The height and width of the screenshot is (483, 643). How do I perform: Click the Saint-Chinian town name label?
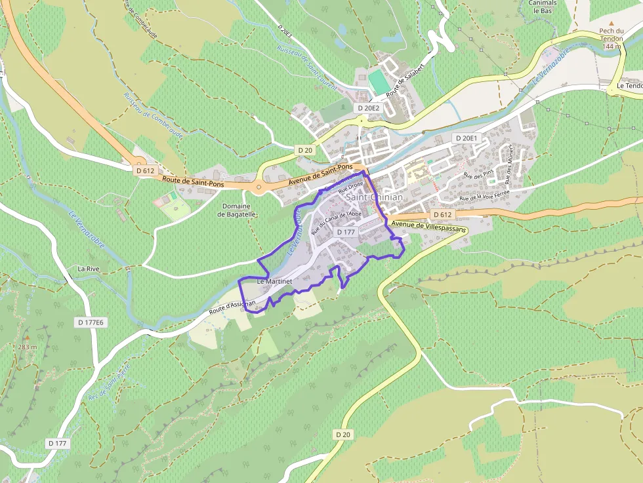[x=375, y=197]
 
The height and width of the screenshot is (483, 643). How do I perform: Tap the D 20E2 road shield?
[x=368, y=107]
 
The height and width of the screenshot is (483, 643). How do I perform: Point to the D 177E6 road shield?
[x=91, y=322]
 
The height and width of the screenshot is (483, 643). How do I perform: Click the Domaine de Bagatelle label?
[x=237, y=210]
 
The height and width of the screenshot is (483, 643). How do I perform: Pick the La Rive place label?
[x=88, y=269]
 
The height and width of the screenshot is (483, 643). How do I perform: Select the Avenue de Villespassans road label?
[x=428, y=227]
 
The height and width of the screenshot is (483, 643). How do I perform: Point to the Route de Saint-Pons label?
[x=193, y=182]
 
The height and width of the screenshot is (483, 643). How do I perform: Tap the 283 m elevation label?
[x=27, y=347]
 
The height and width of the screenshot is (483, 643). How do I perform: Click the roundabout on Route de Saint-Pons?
[x=259, y=188]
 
